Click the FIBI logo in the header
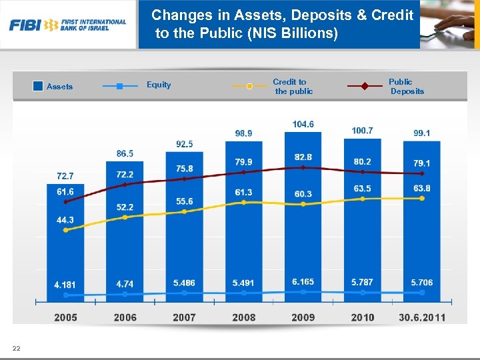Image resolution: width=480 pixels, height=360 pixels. [x=67, y=25]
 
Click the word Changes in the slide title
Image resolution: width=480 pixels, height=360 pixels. [x=177, y=15]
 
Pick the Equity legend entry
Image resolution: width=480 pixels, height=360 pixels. [x=159, y=85]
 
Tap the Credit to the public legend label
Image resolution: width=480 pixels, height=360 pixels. [x=292, y=87]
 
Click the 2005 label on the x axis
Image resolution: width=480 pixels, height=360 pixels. [x=65, y=317]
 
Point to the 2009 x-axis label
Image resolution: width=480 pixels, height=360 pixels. [x=303, y=317]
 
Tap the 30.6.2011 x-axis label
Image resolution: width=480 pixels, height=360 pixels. [x=422, y=317]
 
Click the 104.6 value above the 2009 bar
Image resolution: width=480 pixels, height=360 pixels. [x=303, y=124]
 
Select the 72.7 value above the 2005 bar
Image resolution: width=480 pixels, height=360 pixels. [x=65, y=176]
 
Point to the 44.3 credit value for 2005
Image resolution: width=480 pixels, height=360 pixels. [x=65, y=220]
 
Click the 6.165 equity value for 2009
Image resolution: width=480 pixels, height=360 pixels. [x=303, y=282]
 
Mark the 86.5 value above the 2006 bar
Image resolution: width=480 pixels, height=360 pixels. [x=125, y=153]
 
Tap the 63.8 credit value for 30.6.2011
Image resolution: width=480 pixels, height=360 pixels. [x=422, y=189]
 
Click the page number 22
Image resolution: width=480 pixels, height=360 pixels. [x=16, y=348]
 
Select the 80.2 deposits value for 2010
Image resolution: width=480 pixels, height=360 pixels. [x=362, y=161]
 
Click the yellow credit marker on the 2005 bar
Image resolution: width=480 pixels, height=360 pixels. [x=65, y=230]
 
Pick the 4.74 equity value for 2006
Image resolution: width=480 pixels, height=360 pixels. [x=125, y=284]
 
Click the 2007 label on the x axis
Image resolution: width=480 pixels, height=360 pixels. [x=184, y=317]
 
